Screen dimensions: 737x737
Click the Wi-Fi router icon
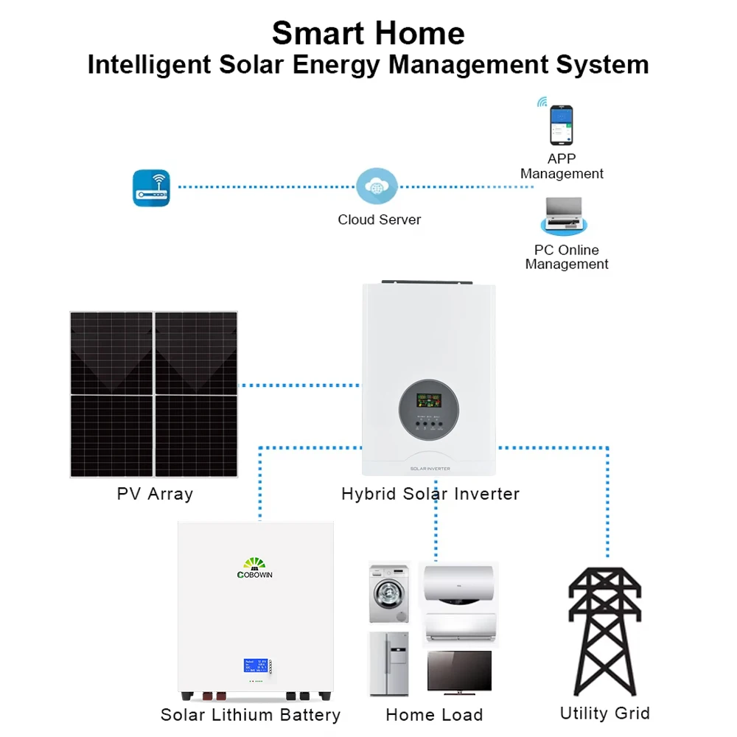click(x=151, y=188)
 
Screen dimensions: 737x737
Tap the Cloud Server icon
click(x=377, y=187)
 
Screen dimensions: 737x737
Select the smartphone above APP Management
click(x=561, y=125)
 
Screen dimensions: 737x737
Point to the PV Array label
click(x=155, y=494)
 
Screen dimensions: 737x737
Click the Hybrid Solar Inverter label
click(x=430, y=494)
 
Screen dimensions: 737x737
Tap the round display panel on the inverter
click(x=429, y=413)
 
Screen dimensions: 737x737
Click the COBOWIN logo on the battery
click(x=255, y=568)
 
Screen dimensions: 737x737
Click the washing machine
click(x=388, y=594)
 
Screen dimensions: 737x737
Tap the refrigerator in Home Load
click(x=388, y=664)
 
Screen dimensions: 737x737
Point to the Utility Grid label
click(x=604, y=713)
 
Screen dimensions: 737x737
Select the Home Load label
click(x=434, y=715)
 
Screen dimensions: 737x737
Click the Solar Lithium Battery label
click(x=251, y=715)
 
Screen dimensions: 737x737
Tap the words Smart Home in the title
click(x=368, y=33)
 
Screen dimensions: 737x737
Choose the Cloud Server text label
click(x=379, y=220)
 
